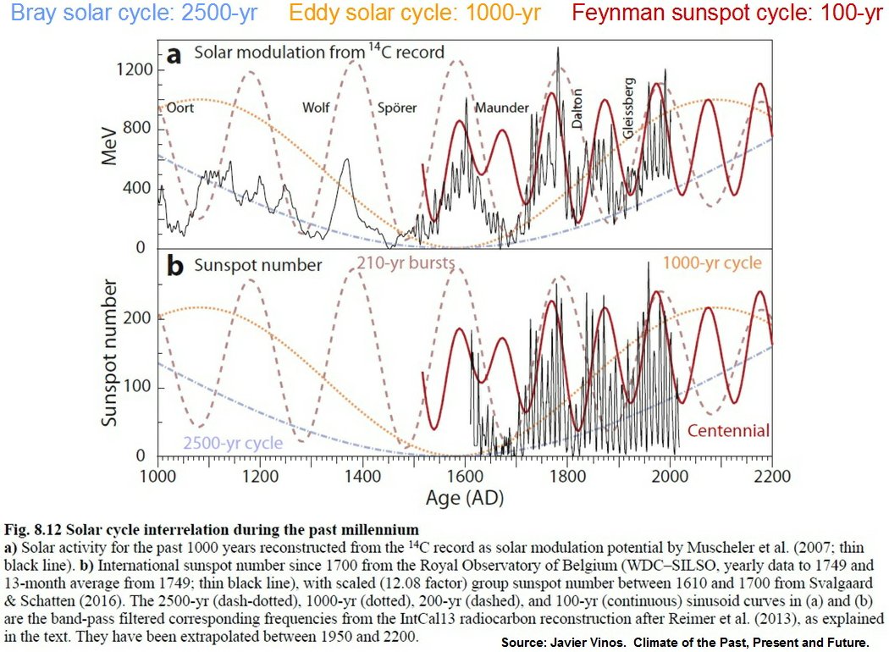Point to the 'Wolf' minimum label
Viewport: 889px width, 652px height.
[317, 108]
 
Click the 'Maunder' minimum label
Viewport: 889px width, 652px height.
[501, 108]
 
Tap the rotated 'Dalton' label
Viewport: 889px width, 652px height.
[577, 108]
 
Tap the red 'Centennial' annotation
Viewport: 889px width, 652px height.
[728, 431]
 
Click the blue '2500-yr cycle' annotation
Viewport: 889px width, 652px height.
[232, 444]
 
